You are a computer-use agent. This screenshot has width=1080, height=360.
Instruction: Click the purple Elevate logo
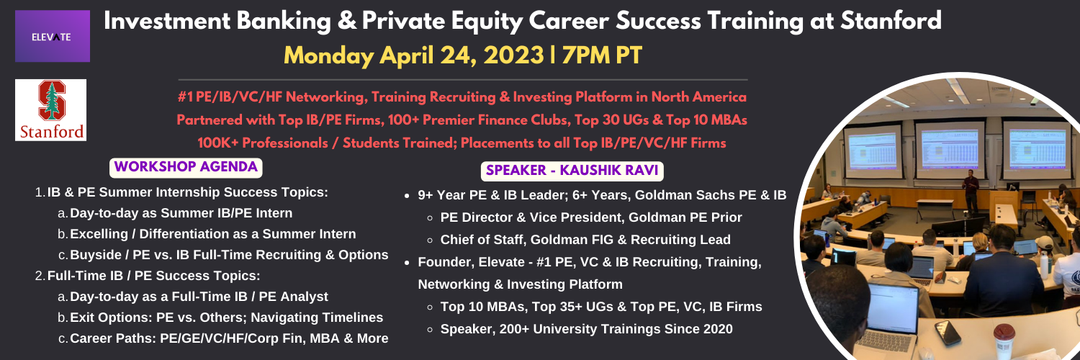pyautogui.click(x=53, y=36)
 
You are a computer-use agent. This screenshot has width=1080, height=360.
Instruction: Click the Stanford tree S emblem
pyautogui.click(x=52, y=101)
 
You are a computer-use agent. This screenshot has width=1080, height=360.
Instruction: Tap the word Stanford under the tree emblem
pyautogui.click(x=52, y=131)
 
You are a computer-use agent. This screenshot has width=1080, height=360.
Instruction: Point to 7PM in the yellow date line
pyautogui.click(x=580, y=55)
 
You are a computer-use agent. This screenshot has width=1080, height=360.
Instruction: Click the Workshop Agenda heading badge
pyautogui.click(x=186, y=167)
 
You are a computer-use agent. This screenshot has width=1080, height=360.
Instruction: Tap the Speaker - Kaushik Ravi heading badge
pyautogui.click(x=572, y=171)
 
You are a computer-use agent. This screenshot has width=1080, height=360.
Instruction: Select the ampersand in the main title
pyautogui.click(x=346, y=21)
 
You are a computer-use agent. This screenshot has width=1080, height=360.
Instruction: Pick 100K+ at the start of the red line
pyautogui.click(x=216, y=143)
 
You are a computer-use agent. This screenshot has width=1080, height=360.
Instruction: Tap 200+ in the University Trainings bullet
pyautogui.click(x=519, y=329)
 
